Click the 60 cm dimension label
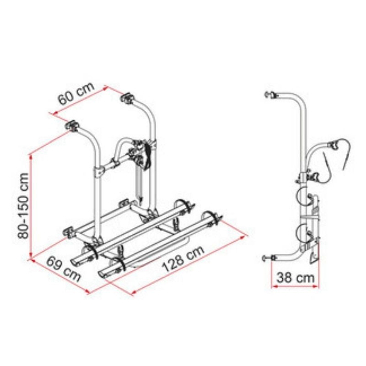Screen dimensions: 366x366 (76, 93)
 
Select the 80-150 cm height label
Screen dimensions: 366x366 (23, 205)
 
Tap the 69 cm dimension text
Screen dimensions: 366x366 (64, 269)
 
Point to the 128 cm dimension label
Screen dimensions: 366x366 (183, 259)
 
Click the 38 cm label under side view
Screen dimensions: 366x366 (296, 278)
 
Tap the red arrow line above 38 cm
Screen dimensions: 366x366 (295, 286)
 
